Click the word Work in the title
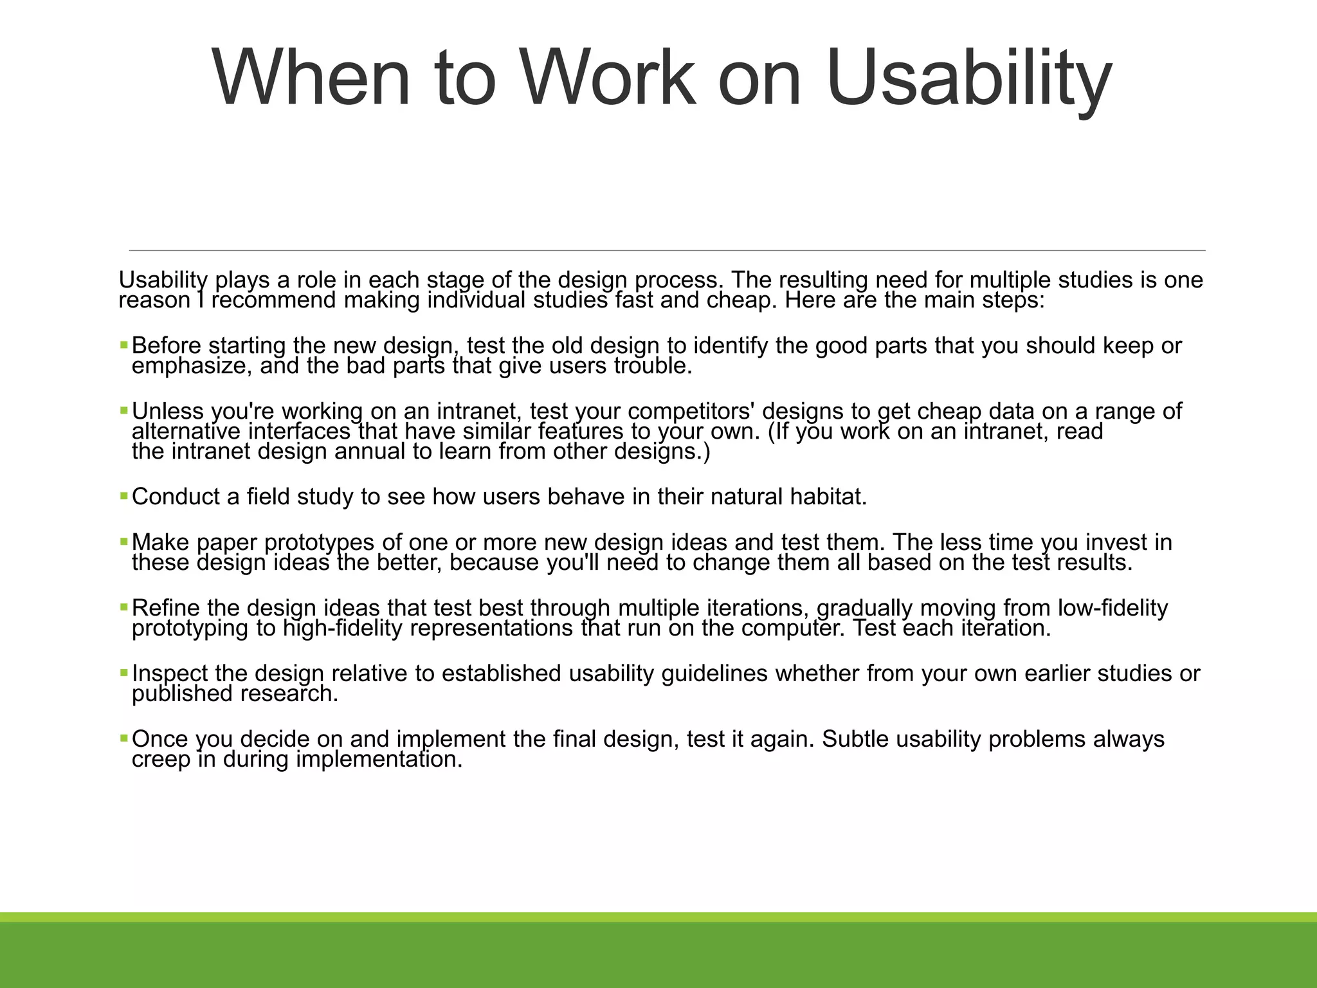click(x=607, y=78)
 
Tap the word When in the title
click(x=311, y=78)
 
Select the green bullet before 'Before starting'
click(x=124, y=345)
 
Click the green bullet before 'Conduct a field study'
click(x=124, y=496)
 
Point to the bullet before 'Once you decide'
click(x=124, y=738)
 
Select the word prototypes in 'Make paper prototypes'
click(x=318, y=542)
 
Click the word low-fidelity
click(x=1113, y=608)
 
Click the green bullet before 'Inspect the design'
click(x=124, y=673)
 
